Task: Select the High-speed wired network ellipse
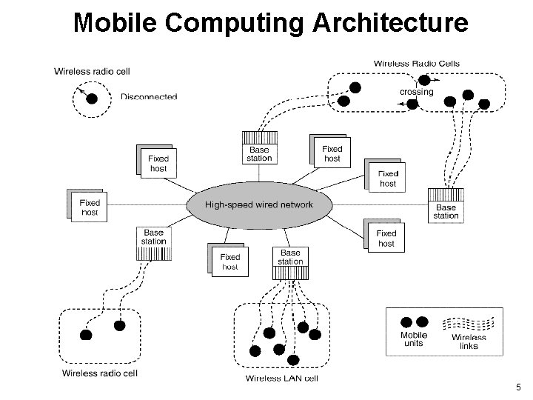coord(258,205)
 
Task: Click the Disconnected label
coord(149,96)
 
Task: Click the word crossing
coord(416,92)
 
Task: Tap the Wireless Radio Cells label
coord(416,64)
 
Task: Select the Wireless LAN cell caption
coord(281,379)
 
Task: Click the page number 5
coord(518,387)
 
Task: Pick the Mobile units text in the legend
coord(414,339)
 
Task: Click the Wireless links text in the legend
coord(469,341)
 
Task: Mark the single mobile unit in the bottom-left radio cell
coord(86,335)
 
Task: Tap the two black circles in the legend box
coord(415,322)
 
